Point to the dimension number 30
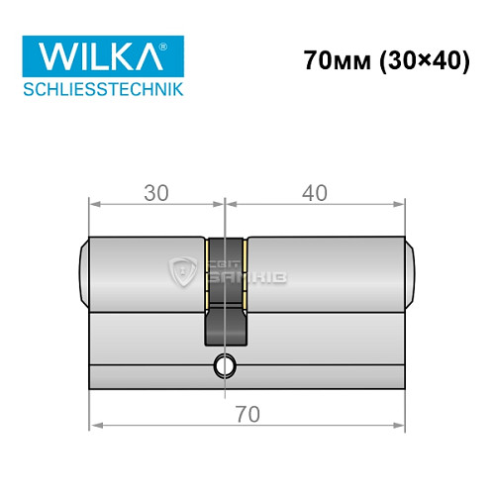point(155,193)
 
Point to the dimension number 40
point(314,193)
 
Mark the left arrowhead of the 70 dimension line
point(95,428)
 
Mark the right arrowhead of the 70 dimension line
point(400,428)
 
